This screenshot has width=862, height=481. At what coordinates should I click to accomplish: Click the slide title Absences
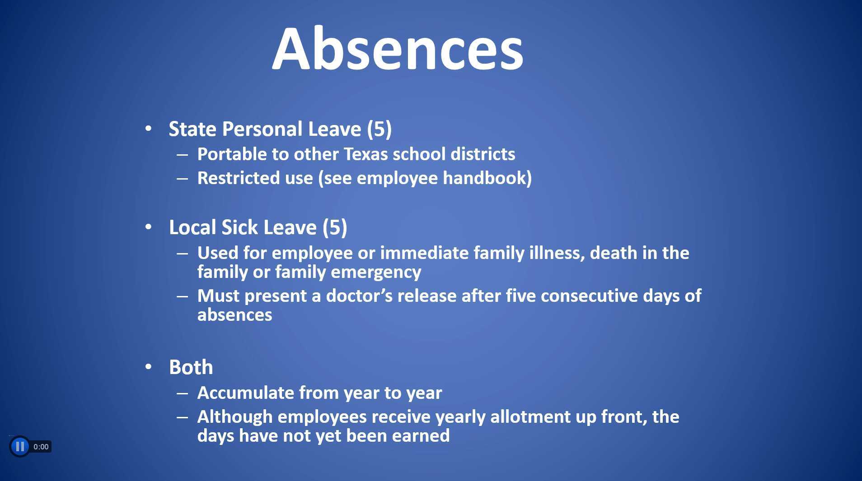click(x=398, y=49)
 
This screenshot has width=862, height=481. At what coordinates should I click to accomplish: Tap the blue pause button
click(x=20, y=447)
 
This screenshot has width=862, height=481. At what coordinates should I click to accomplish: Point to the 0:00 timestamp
click(x=41, y=447)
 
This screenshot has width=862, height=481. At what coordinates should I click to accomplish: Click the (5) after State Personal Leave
click(x=379, y=129)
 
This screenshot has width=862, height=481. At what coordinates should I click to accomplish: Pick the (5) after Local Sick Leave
click(x=335, y=227)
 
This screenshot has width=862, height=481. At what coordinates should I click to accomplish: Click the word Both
click(x=191, y=367)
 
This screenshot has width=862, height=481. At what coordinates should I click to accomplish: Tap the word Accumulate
click(x=245, y=393)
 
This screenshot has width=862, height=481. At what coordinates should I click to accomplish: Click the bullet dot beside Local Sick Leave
click(x=149, y=227)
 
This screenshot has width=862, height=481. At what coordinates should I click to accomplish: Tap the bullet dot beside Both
click(x=149, y=367)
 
